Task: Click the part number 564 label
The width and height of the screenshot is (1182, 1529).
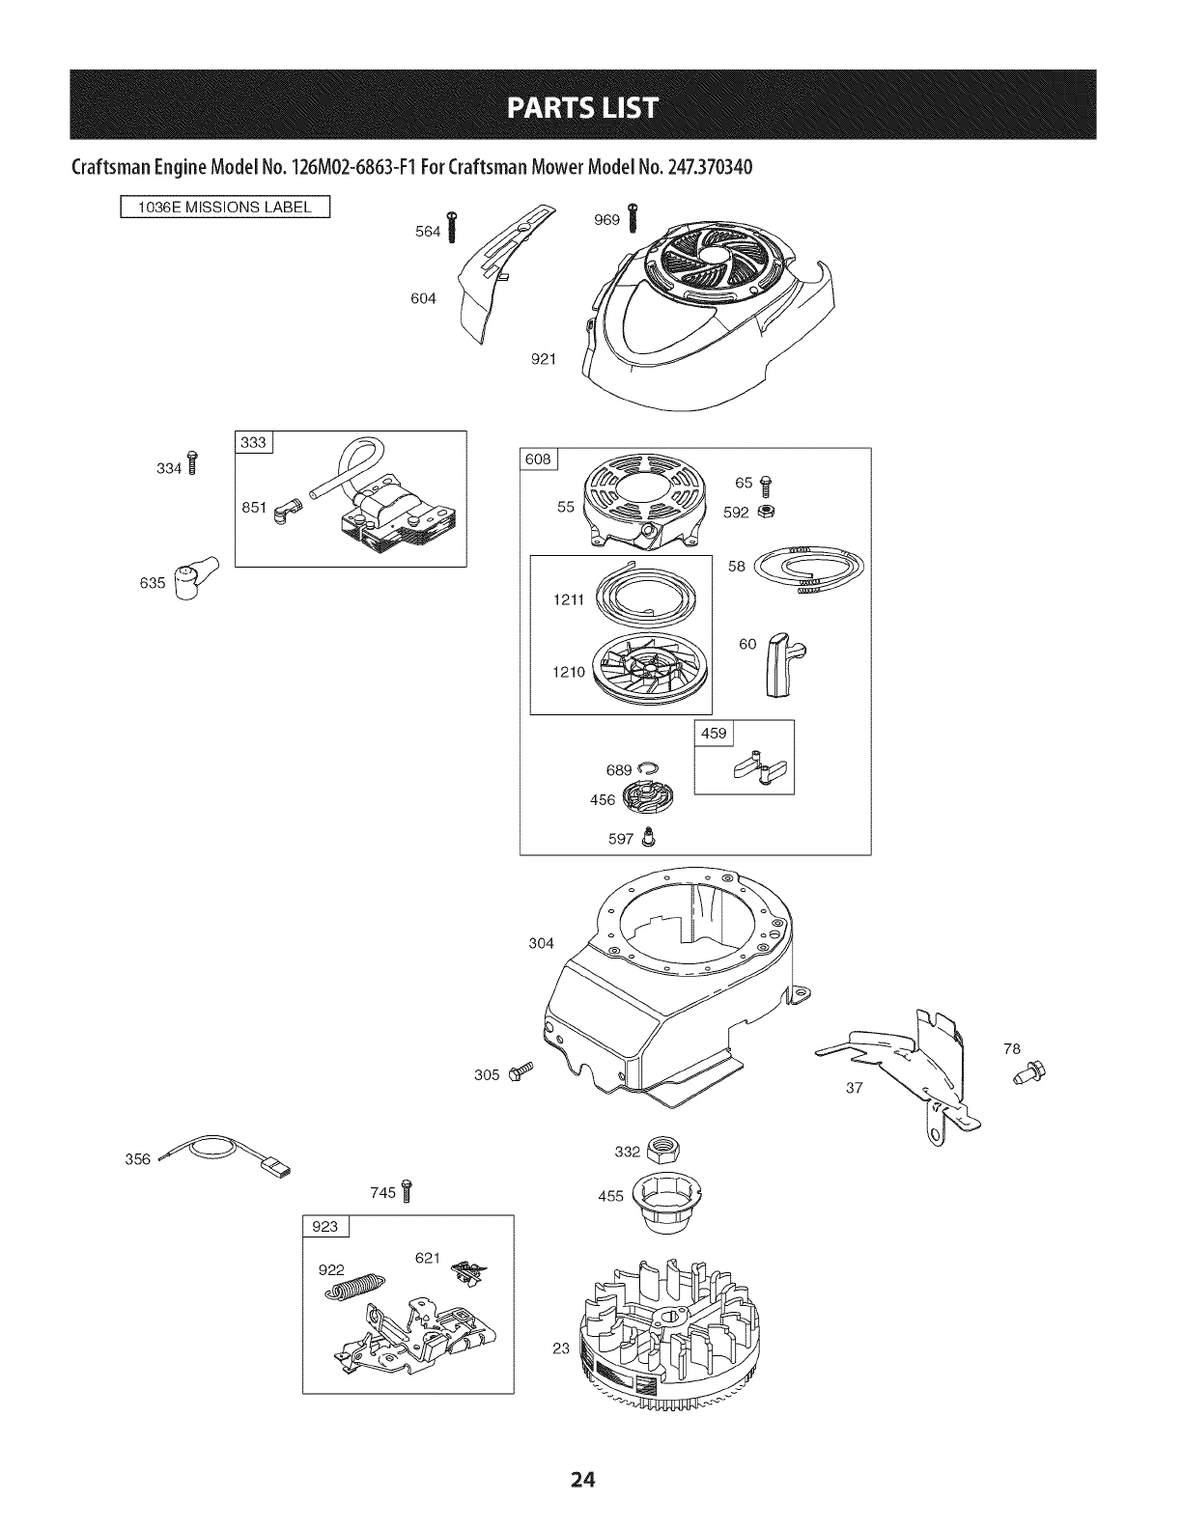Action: (x=427, y=231)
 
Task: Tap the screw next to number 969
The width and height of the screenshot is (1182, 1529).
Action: (x=633, y=216)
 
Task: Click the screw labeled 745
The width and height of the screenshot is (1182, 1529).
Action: (x=407, y=1192)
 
